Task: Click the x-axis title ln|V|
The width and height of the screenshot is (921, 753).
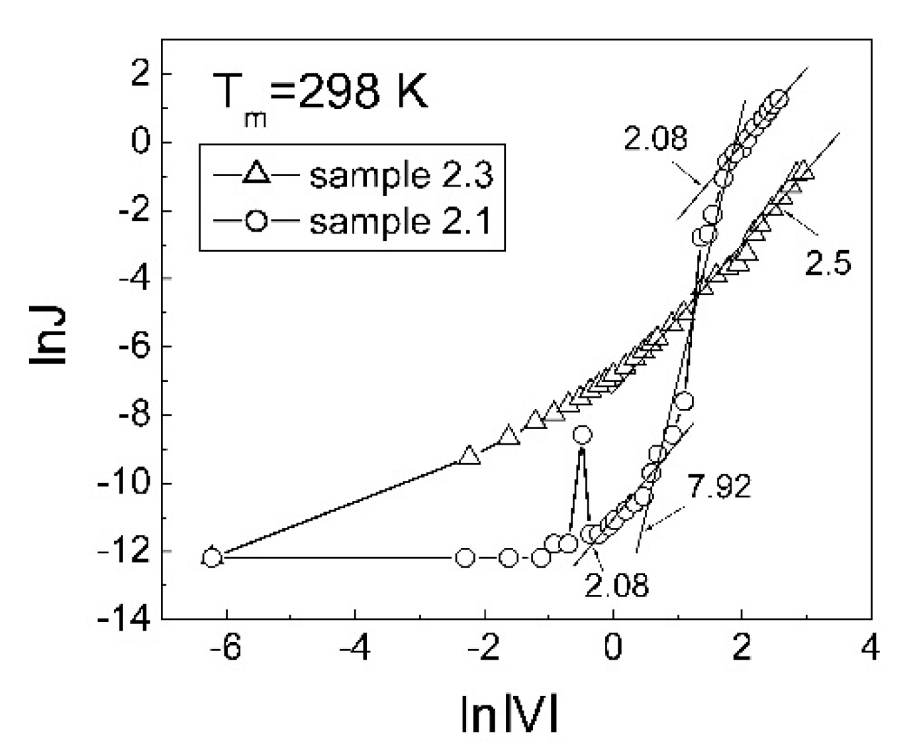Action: (509, 715)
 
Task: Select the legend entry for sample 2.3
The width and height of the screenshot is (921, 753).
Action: (401, 175)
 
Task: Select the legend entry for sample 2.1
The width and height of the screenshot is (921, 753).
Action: (401, 222)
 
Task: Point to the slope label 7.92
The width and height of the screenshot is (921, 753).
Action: (719, 487)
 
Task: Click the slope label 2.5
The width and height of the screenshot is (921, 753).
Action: (828, 264)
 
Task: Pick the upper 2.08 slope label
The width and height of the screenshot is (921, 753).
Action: (655, 139)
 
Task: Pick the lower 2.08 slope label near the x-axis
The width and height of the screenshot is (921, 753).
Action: (616, 585)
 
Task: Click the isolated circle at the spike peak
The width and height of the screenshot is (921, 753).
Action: (583, 435)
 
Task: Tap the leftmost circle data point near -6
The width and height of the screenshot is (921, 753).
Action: (212, 557)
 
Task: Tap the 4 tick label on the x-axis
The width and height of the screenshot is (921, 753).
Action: (870, 647)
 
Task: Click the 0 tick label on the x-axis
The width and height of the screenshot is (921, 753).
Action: (613, 647)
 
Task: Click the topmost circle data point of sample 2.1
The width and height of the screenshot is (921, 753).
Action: (779, 100)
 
